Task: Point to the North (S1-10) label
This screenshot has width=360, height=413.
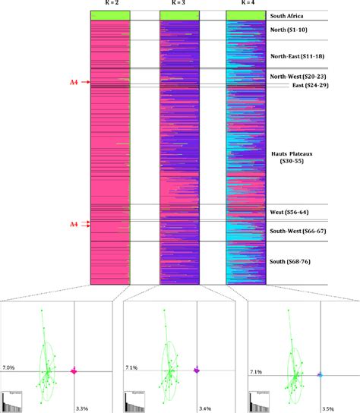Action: click(x=294, y=30)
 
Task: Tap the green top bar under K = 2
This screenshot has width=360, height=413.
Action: click(x=110, y=15)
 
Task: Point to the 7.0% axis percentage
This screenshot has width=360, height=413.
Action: click(x=9, y=367)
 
